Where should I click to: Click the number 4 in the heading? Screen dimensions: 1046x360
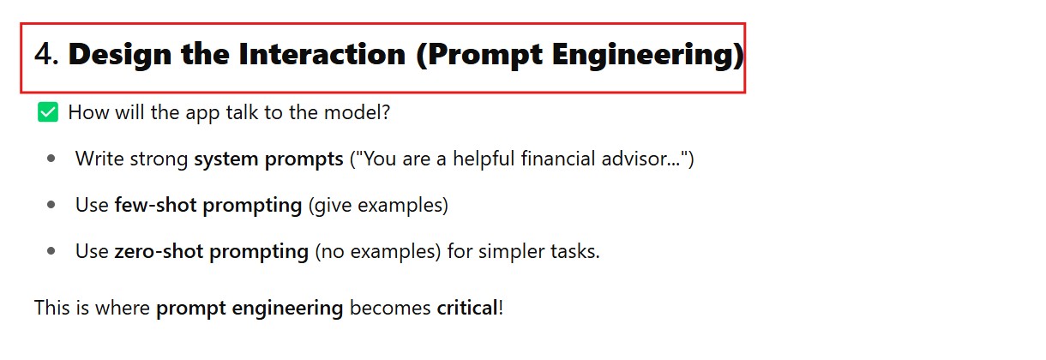click(44, 54)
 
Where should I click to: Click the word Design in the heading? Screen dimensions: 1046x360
click(120, 55)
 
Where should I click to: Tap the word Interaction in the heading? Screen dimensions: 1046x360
click(322, 54)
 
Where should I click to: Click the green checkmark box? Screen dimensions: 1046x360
click(48, 112)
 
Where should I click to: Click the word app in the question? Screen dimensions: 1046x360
click(202, 114)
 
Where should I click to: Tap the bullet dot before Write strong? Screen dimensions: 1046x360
click(51, 159)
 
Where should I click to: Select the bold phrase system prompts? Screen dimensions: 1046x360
click(268, 159)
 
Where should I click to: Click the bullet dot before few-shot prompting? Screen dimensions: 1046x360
click(51, 205)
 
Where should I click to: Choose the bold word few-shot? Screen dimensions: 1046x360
click(155, 205)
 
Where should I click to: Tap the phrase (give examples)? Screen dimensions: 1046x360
click(378, 206)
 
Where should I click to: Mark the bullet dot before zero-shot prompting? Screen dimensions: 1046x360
click(51, 251)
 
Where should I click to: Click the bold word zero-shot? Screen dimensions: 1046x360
click(159, 251)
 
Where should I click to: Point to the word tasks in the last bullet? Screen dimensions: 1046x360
click(573, 251)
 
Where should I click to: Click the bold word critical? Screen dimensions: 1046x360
click(467, 308)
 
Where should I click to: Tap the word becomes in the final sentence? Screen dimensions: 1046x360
click(390, 308)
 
